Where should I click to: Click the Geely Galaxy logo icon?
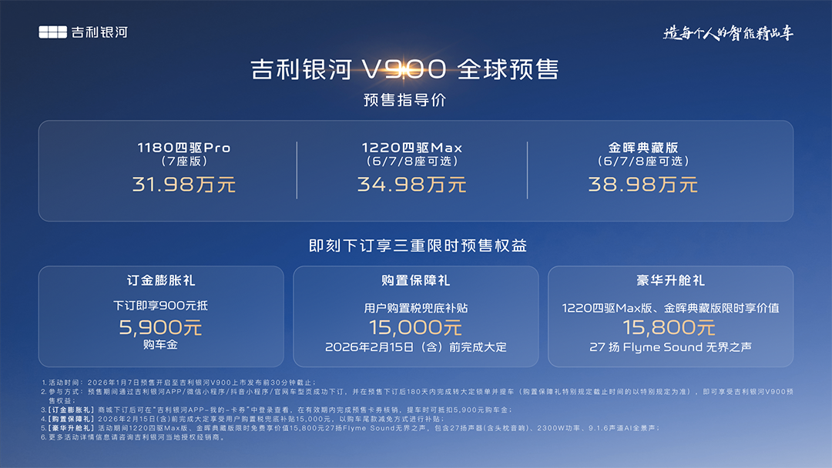[53, 32]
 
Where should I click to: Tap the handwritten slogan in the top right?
[729, 33]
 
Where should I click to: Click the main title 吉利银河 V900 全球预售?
[404, 70]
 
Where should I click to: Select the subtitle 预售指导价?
[404, 100]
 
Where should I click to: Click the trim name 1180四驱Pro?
[183, 148]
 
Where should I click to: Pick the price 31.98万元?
[183, 185]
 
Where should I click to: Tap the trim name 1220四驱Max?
[411, 148]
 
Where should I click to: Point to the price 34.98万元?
[411, 185]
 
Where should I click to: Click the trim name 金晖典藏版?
[643, 148]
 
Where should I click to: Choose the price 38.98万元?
[643, 185]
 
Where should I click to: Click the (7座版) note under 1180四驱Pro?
[183, 162]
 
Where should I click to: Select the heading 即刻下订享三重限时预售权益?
[417, 246]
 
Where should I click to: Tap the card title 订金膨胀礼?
[160, 281]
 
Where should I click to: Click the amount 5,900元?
[160, 327]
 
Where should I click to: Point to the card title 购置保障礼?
[416, 281]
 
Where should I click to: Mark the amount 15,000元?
[416, 328]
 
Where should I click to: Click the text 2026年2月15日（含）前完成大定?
[416, 347]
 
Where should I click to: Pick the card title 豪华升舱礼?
[670, 281]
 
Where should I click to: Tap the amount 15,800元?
[670, 328]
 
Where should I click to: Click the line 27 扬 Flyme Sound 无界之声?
[670, 347]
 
